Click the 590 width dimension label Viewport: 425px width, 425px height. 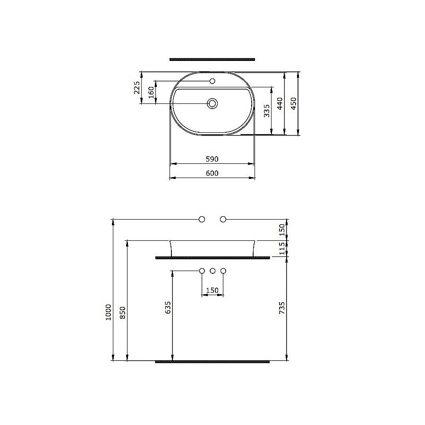(212, 159)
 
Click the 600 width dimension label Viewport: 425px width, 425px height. (212, 173)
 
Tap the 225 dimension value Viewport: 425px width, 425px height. (137, 87)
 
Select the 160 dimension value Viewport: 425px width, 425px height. (152, 92)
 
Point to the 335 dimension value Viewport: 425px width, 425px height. (267, 110)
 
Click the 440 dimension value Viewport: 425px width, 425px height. (280, 103)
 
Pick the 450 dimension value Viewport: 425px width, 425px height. (294, 103)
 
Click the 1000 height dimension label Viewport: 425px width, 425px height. (109, 312)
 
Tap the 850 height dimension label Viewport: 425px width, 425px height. (123, 313)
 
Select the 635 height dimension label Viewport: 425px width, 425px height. (168, 307)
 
